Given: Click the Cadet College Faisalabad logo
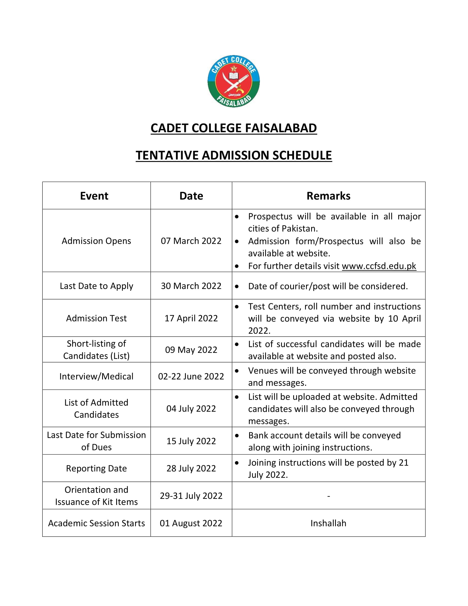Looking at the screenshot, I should click(x=233, y=81).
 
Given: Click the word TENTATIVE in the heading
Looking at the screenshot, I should click(x=167, y=155).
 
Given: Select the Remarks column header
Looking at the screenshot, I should click(x=328, y=196).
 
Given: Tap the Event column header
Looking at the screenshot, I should click(x=94, y=196).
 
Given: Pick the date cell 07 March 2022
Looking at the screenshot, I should click(x=191, y=241).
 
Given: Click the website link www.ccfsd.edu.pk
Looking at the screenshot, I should click(x=379, y=266).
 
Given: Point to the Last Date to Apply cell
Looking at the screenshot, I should click(x=96, y=286).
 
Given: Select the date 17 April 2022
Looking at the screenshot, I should click(x=191, y=318).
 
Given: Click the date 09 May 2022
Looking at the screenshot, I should click(x=191, y=350).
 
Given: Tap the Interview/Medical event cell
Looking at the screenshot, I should click(x=96, y=376).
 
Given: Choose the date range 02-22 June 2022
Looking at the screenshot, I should click(x=191, y=376).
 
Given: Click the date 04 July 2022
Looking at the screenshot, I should click(x=191, y=408).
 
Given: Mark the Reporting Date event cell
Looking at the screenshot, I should click(x=96, y=468).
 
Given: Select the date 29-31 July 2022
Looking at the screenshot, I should click(x=191, y=496).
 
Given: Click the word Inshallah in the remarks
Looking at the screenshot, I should click(x=328, y=523).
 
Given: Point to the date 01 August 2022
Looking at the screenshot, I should click(x=191, y=523).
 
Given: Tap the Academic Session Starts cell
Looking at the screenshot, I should click(x=96, y=523).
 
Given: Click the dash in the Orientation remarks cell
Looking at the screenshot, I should click(x=328, y=496).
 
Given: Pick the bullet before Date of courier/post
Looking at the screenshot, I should click(x=236, y=286).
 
